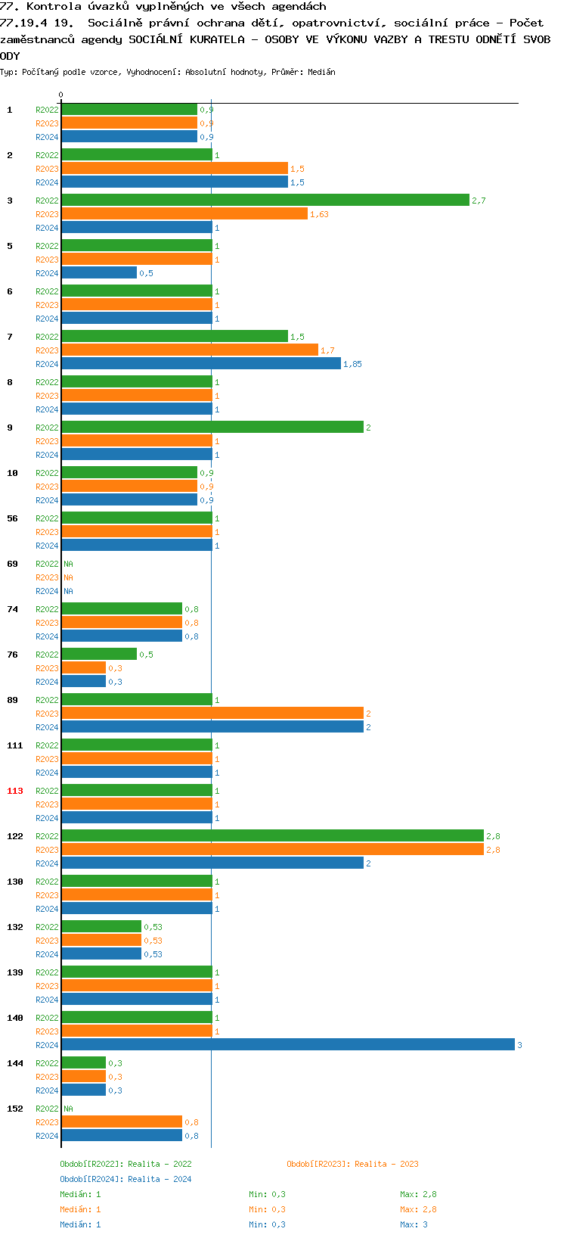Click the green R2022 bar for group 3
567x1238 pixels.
[x=265, y=200]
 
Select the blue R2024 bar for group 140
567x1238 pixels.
[x=287, y=1044]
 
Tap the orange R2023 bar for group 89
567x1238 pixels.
[x=212, y=713]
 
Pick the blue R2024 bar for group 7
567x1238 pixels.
[x=200, y=363]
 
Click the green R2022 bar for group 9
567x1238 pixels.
[x=212, y=427]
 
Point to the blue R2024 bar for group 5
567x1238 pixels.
[x=99, y=272]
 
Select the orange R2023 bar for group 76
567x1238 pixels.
[x=83, y=667]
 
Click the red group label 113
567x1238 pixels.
[x=15, y=791]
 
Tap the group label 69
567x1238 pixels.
[x=13, y=564]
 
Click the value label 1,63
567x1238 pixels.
[x=319, y=214]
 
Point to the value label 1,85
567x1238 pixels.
[x=352, y=364]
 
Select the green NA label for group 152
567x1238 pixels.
[x=68, y=1109]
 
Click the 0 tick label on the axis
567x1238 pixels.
[x=61, y=95]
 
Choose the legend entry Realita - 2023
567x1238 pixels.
[x=352, y=1164]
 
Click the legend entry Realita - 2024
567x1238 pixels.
[x=125, y=1179]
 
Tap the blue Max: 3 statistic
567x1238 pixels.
[x=414, y=1224]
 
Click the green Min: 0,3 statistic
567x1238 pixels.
[x=267, y=1194]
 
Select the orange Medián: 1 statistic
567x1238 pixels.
[x=80, y=1209]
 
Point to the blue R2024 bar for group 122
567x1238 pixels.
[x=212, y=863]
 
